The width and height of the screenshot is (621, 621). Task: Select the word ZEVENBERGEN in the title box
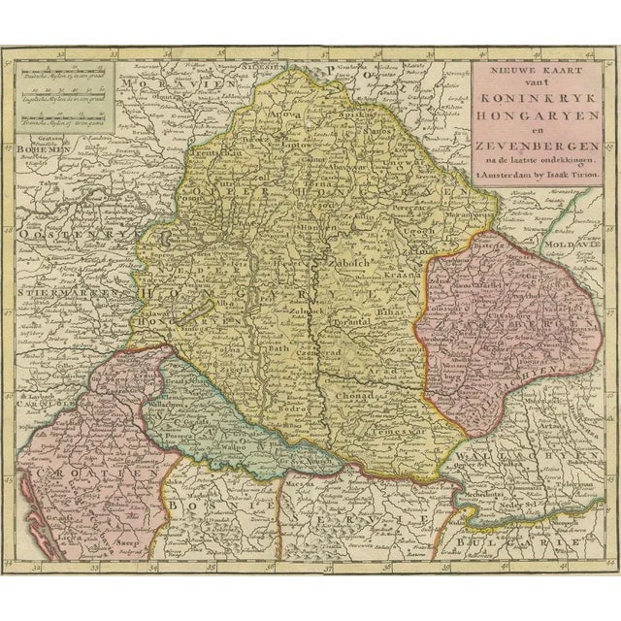click(531, 143)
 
